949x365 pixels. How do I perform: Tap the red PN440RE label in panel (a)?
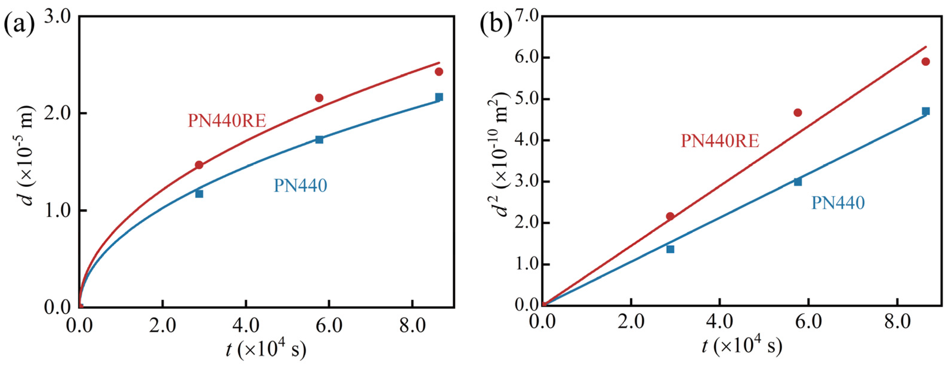coord(227,121)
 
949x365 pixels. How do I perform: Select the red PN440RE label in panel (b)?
coord(720,141)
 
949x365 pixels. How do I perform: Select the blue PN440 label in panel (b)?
coord(838,203)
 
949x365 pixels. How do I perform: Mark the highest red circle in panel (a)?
coord(439,72)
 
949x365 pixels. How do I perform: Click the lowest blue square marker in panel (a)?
coord(199,194)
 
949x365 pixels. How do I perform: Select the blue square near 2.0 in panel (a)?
coord(439,97)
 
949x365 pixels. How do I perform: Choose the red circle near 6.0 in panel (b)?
coord(925,62)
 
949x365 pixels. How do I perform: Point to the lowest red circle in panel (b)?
coord(670,216)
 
